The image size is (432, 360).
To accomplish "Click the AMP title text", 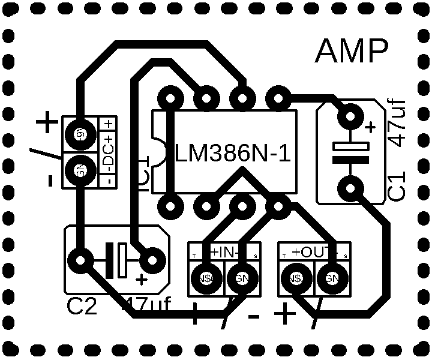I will (x=352, y=52).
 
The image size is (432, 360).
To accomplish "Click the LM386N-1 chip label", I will (x=233, y=154).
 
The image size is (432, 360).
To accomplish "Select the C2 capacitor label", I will (x=82, y=307).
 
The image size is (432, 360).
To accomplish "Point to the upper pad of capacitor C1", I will (x=350, y=116).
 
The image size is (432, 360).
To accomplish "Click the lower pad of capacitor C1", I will (x=350, y=189).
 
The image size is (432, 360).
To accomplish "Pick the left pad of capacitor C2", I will (x=80, y=260).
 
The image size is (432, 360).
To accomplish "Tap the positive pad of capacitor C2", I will (x=152, y=260).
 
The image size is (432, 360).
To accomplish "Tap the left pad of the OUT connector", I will (x=296, y=278).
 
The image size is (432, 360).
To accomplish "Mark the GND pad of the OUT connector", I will (x=332, y=278).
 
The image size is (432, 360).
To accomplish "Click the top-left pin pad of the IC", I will (x=171, y=97).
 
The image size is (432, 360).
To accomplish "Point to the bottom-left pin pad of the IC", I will (x=171, y=207).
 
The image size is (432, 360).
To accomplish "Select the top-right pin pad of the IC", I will (x=278, y=97).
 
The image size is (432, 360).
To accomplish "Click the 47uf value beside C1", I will (x=398, y=123).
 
